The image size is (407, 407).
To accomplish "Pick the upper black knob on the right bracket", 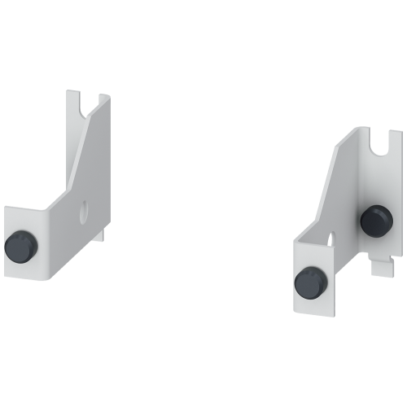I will coord(375,219).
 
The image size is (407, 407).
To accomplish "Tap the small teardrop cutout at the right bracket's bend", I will coord(330,238).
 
